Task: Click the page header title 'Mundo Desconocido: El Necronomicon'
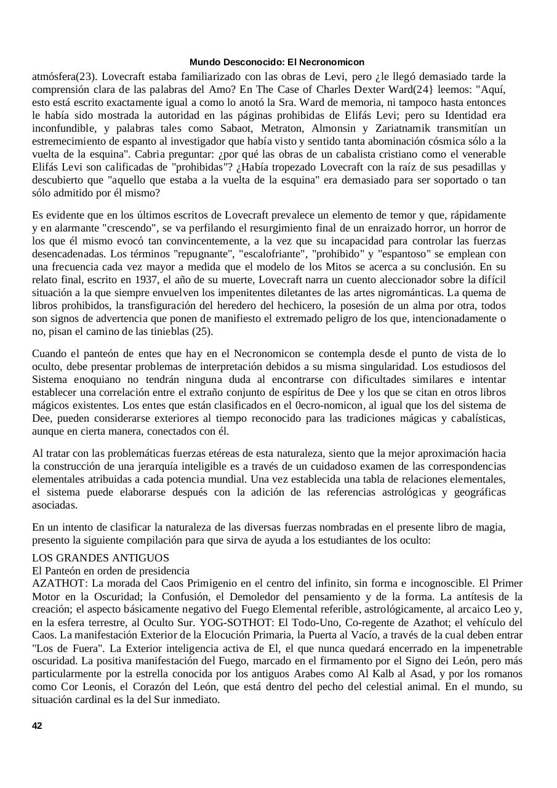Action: pyautogui.click(x=277, y=62)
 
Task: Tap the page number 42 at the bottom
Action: pyautogui.click(x=37, y=726)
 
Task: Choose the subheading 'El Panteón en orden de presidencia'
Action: pyautogui.click(x=111, y=571)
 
